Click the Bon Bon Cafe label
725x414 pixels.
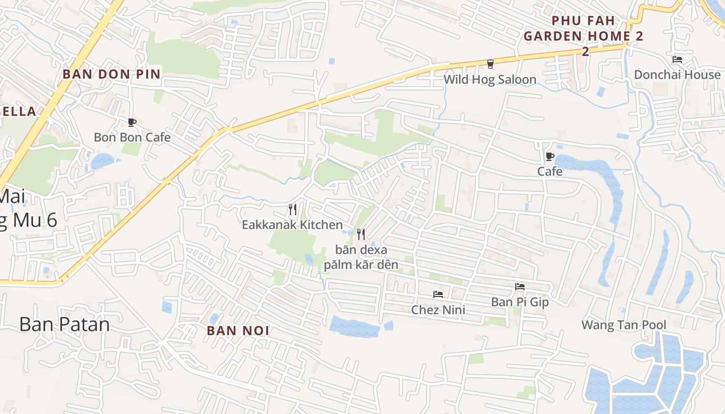[132, 137]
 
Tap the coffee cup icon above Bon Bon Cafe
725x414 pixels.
[132, 123]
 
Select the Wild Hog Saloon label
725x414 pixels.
[490, 79]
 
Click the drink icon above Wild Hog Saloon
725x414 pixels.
[490, 64]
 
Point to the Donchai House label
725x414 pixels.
[677, 75]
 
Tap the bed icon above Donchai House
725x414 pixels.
[677, 60]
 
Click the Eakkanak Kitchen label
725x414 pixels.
[292, 225]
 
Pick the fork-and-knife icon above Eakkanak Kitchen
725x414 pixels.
[293, 210]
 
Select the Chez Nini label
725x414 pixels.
[438, 309]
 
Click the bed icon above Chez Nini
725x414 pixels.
[438, 294]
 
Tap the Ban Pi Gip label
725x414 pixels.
[520, 301]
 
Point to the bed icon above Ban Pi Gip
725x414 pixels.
[520, 286]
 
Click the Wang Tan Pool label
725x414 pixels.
[624, 325]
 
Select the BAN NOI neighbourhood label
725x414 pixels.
[238, 331]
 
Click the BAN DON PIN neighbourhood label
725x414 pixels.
[112, 74]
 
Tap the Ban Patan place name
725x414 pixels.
[65, 324]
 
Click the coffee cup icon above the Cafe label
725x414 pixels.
[550, 156]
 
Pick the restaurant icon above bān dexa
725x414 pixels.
[361, 234]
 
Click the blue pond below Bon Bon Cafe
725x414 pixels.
[102, 161]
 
